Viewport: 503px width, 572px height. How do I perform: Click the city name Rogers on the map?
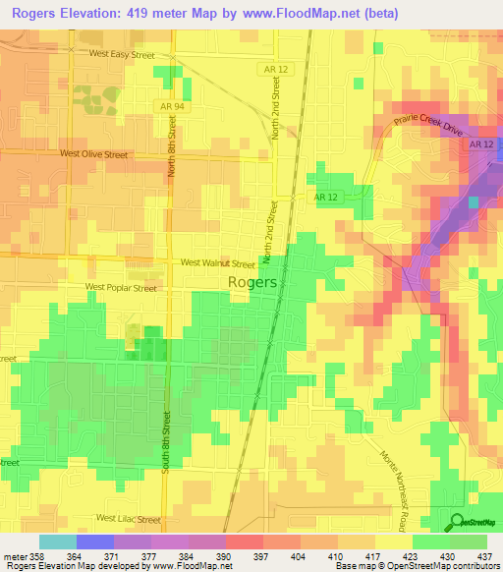(x=252, y=281)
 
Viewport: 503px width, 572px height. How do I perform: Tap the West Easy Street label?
(x=122, y=56)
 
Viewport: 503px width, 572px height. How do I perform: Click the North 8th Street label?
(x=172, y=146)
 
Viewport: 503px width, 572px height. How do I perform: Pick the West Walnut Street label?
(x=218, y=263)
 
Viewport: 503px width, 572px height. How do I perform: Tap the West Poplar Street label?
(x=121, y=288)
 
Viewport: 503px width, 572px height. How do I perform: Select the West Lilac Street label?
(x=128, y=517)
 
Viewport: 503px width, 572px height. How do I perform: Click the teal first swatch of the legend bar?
(x=58, y=542)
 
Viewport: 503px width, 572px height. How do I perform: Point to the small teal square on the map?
(x=475, y=201)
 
